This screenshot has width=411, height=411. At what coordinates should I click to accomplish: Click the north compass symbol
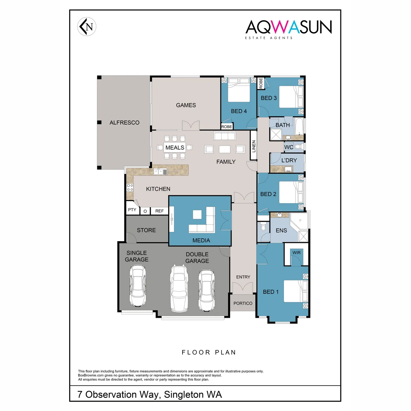point(87,27)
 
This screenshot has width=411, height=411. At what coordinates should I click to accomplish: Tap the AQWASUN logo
point(288,29)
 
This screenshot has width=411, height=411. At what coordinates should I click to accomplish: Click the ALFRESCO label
point(124,123)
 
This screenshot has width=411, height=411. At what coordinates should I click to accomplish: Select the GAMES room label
point(186,105)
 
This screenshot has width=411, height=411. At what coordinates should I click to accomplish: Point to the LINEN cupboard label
point(253,146)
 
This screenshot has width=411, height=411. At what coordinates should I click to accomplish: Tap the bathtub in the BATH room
point(299,126)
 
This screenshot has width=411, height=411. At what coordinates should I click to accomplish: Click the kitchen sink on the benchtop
point(160,172)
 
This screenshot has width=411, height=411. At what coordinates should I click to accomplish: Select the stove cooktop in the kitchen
point(130,187)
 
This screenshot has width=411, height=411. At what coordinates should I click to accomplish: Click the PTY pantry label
point(132,210)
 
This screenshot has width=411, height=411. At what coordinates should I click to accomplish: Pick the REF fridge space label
point(159,211)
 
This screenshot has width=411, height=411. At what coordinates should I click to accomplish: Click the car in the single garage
point(138,286)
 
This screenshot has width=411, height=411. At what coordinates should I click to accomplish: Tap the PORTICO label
point(243,303)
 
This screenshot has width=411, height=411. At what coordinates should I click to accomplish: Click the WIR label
point(297,252)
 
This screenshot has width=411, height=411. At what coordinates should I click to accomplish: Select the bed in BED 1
point(296,291)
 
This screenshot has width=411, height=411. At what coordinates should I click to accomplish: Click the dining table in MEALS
point(175,147)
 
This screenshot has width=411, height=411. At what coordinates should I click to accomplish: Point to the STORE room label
point(146,230)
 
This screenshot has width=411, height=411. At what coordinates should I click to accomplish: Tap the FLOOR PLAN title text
point(209,352)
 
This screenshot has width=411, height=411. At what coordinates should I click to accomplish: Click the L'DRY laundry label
point(289,160)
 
